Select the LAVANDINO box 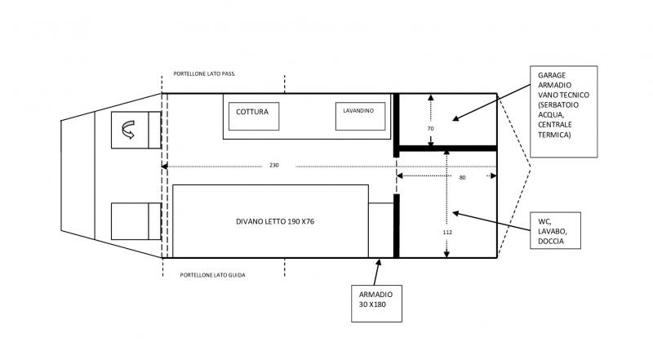point(358,115)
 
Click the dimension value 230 point(273,166)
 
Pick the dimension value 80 point(462,176)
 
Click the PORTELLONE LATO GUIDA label point(212,275)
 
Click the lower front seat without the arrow point(129,220)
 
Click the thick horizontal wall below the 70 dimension point(447,149)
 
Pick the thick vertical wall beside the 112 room point(397,225)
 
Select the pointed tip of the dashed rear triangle point(530,169)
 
